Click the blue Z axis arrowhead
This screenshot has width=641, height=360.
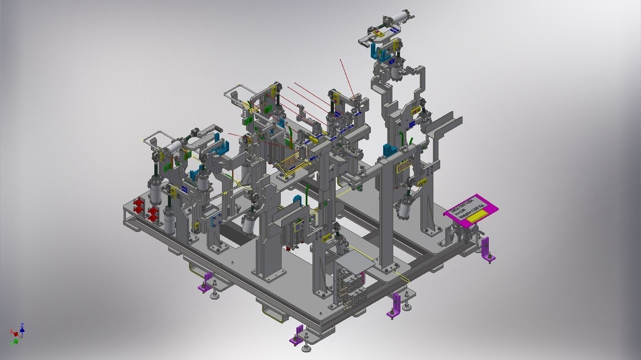(22, 325)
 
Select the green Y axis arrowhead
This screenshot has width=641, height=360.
(16, 341)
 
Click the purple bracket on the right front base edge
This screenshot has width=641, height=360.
(396, 303)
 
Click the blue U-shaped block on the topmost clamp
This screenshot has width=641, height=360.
(375, 50)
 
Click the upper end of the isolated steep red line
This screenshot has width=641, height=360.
(341, 60)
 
